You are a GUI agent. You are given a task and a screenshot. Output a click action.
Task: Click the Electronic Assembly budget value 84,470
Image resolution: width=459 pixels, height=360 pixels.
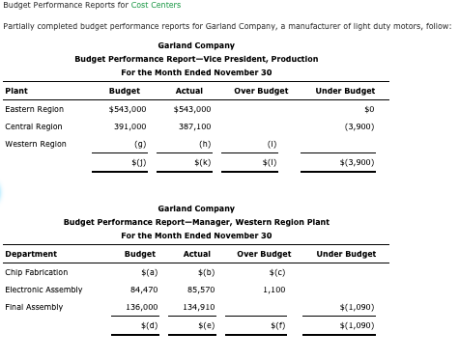coord(143,290)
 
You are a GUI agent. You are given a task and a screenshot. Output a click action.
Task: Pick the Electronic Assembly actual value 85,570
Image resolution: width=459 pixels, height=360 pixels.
coord(200,290)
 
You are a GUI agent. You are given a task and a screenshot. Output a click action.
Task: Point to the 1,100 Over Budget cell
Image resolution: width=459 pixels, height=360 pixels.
coord(273,290)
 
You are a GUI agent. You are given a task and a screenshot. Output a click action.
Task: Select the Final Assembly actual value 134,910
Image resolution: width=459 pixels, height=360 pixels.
coord(198,307)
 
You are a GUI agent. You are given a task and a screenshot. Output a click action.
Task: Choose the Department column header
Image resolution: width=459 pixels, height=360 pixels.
coord(31,254)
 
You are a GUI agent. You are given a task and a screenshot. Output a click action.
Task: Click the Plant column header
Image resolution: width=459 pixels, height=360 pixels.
coord(16,91)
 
